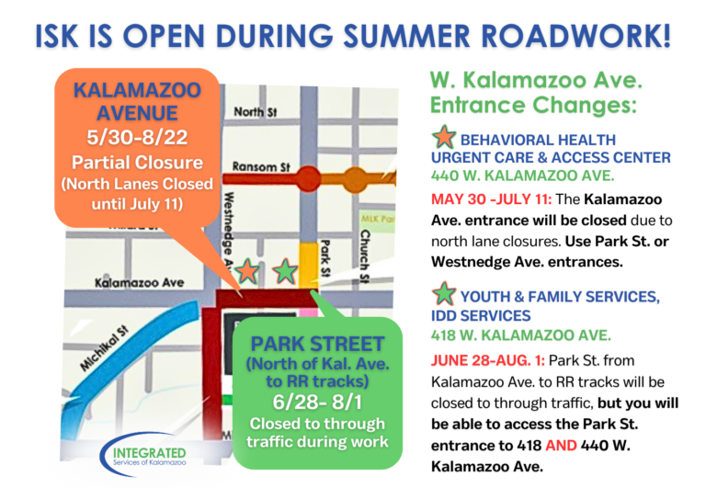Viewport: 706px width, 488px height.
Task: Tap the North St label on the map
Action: [250, 111]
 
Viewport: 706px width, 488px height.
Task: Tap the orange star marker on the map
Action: [247, 271]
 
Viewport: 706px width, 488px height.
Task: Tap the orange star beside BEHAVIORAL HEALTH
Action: [444, 139]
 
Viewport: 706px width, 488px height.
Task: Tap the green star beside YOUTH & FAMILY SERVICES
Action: [444, 295]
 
